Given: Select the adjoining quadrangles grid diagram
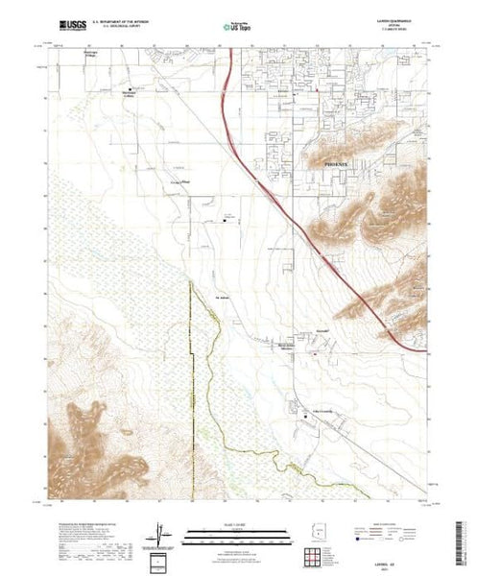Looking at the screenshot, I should tap(314, 556).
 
